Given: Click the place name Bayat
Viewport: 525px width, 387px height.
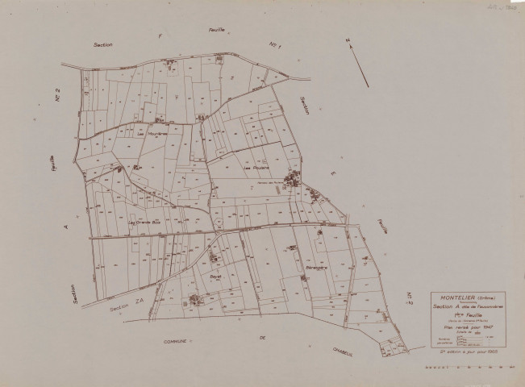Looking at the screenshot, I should click(x=214, y=274).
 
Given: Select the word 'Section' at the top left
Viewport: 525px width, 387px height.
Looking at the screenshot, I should click(x=103, y=44).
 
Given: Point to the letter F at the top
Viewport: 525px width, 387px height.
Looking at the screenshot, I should click(x=160, y=36).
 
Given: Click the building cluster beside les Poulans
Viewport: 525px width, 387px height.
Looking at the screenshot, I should click(x=292, y=177).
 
